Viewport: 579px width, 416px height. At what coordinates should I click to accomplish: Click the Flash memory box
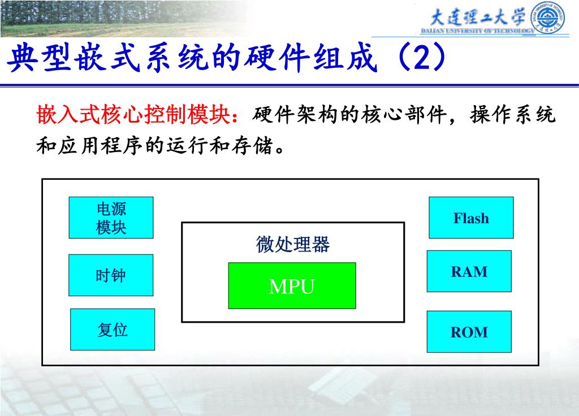point(471,218)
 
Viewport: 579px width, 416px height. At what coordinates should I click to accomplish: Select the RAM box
point(469,271)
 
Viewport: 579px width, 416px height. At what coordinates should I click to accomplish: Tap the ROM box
point(469,332)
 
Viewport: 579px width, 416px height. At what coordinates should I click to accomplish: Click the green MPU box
point(292,286)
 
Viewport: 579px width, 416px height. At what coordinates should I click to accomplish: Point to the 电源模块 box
point(111,218)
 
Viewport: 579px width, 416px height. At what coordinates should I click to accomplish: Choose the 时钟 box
point(111,275)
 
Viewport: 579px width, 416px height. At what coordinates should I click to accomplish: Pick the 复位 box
point(113,330)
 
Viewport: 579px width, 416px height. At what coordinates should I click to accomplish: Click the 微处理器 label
point(292,245)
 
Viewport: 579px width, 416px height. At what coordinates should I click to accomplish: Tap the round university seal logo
point(548,19)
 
